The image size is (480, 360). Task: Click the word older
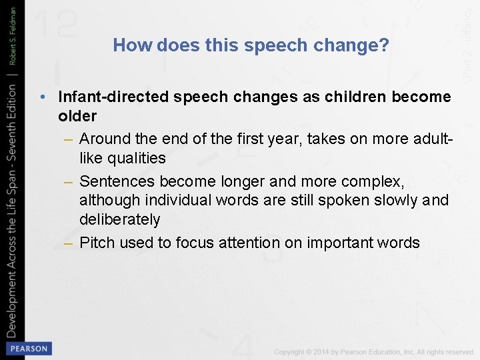(77, 116)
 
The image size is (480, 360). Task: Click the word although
(108, 200)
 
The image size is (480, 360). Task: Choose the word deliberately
(120, 219)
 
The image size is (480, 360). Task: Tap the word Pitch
(97, 243)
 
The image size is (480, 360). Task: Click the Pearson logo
(29, 348)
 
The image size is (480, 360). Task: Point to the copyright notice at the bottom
(373, 351)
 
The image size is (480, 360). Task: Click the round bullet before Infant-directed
(43, 97)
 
